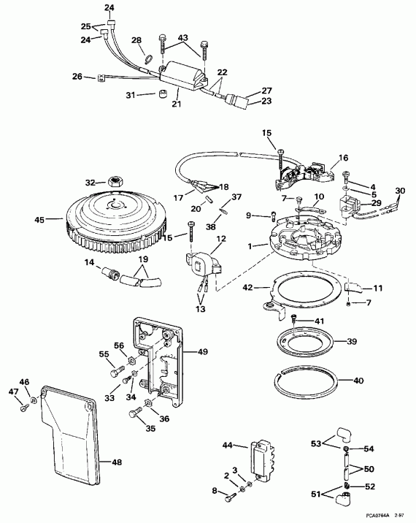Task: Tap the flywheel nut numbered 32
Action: tap(112, 182)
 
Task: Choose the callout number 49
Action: tap(203, 351)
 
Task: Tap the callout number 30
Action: tap(399, 191)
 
